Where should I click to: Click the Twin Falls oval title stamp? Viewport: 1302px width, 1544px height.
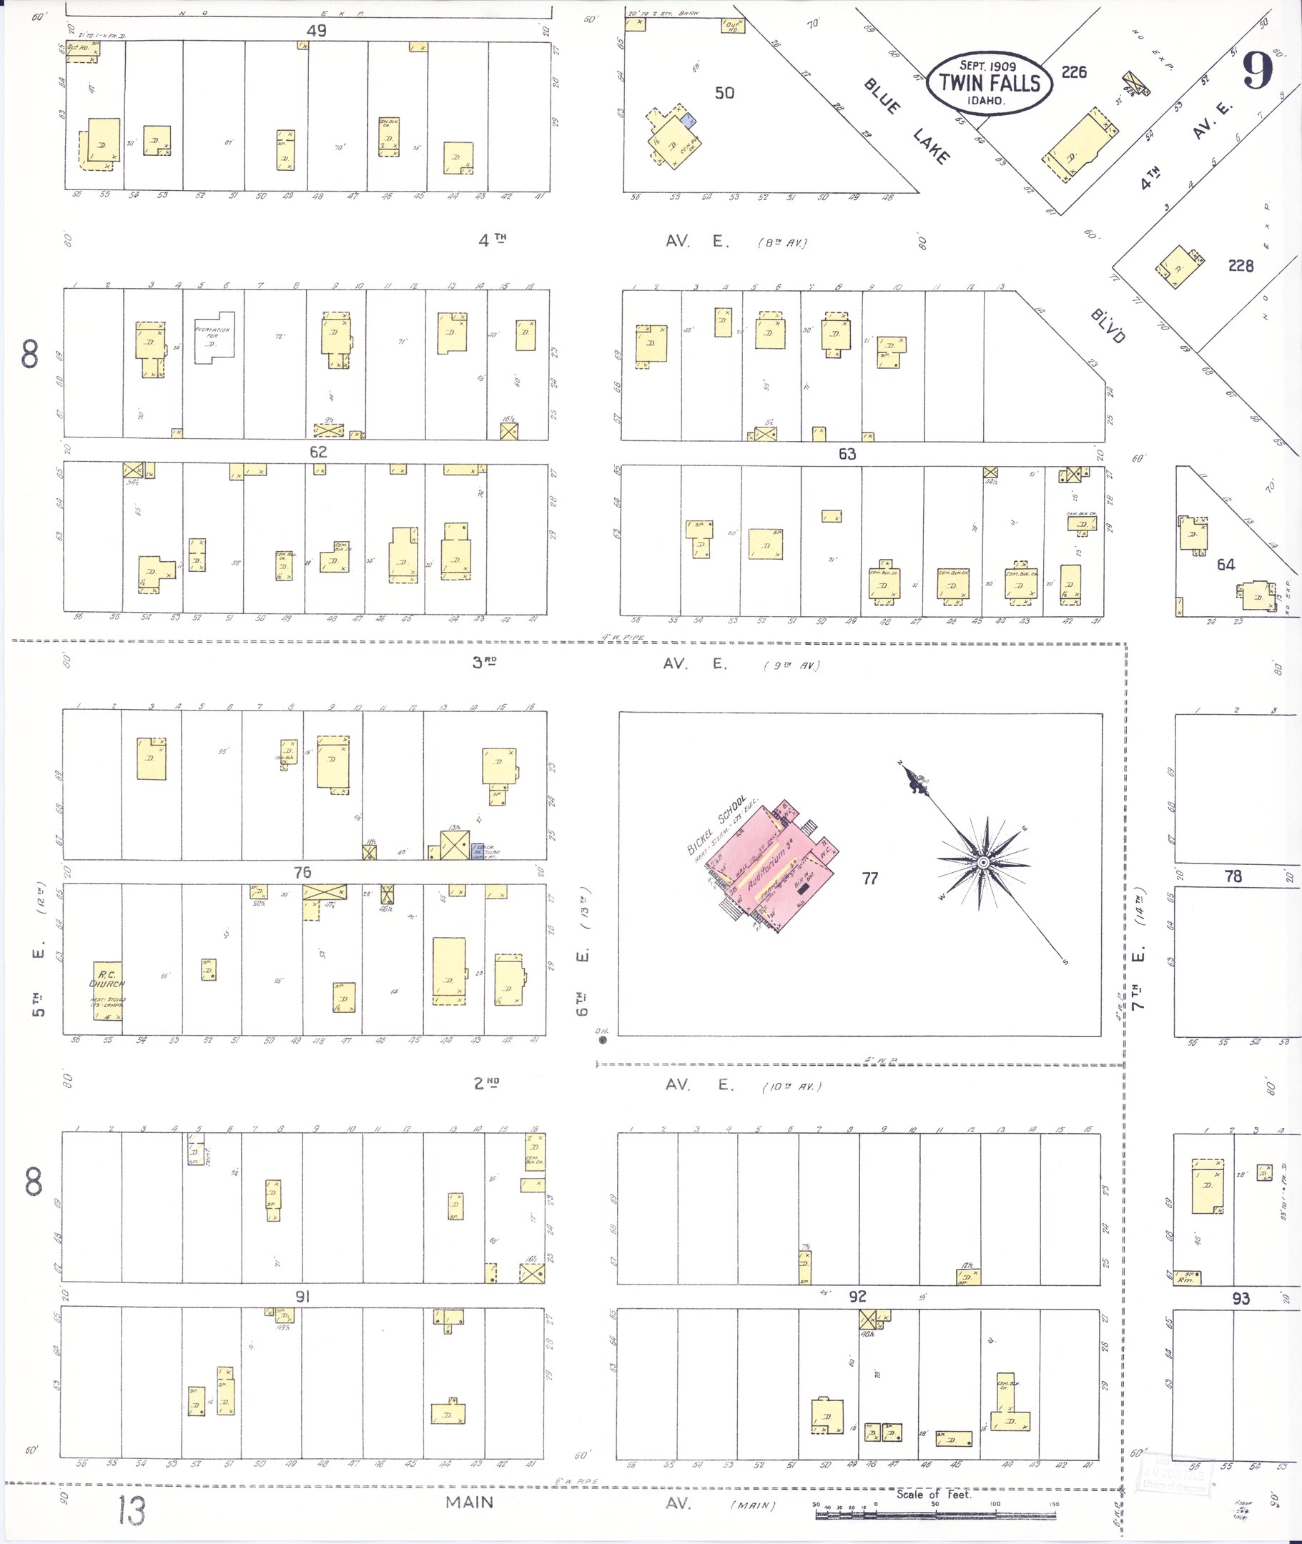[990, 83]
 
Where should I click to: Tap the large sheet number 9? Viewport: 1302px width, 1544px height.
[1258, 72]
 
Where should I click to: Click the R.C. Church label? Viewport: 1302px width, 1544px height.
[107, 979]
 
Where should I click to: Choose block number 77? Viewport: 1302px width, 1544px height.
[869, 879]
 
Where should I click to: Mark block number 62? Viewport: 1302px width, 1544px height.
[318, 452]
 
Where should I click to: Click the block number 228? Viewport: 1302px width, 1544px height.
[1241, 266]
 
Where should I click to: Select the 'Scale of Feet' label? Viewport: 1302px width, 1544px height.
[934, 1495]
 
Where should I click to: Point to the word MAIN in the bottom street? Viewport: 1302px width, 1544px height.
[470, 1503]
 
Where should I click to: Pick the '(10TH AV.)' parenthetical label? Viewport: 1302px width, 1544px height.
[791, 1087]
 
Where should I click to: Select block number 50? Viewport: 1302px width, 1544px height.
[724, 93]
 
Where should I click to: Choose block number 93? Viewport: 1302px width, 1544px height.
[1241, 1298]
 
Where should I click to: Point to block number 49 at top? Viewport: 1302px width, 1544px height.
[317, 30]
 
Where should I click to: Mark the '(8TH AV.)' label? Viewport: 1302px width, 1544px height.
[782, 242]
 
